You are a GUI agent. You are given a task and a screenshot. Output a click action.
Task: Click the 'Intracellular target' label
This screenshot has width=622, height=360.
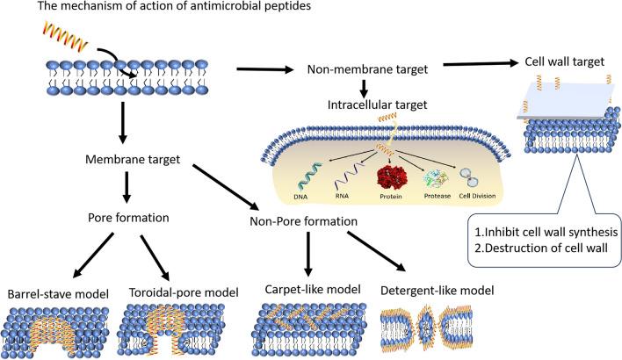(367, 105)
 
